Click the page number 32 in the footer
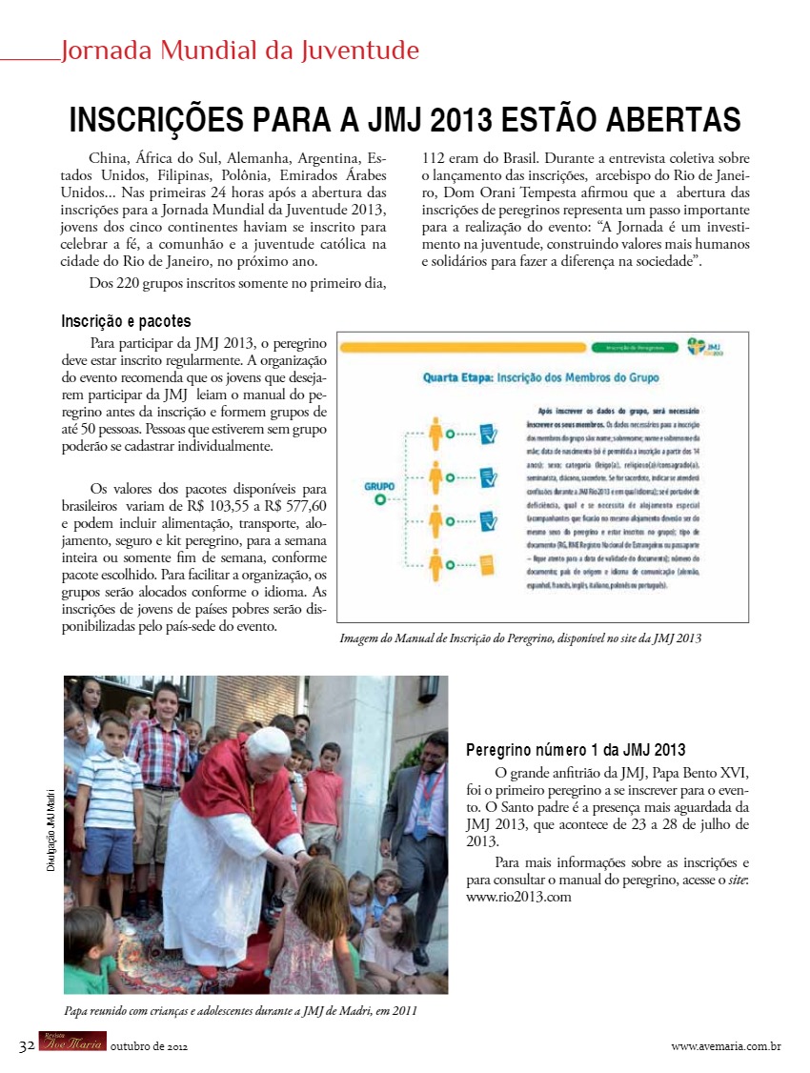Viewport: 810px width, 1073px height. (x=26, y=1045)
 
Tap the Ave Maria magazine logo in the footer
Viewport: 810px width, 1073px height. (x=72, y=1044)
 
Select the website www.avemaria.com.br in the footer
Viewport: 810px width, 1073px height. (x=726, y=1046)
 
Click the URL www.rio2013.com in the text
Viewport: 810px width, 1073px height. (x=518, y=897)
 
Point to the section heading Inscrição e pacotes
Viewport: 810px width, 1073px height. (x=126, y=322)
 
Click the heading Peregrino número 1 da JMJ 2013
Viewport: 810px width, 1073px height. (x=576, y=750)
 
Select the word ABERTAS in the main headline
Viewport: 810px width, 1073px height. (x=667, y=121)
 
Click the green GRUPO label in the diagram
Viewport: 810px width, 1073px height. (x=379, y=486)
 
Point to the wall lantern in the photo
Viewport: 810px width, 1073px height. (x=428, y=689)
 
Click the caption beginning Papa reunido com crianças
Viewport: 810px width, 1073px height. (x=240, y=1010)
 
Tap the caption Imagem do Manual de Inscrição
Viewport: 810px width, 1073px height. (x=520, y=638)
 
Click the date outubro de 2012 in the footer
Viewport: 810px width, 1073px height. (x=149, y=1046)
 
